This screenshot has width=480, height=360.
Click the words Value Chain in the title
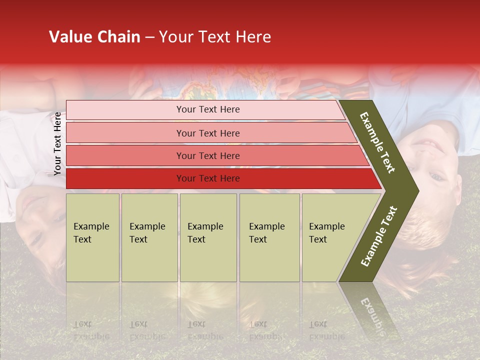(94, 37)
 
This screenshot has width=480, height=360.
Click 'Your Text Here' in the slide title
(215, 37)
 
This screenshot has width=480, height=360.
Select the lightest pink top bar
(207, 109)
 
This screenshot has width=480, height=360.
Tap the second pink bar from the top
(207, 133)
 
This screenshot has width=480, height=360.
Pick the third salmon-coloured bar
(207, 155)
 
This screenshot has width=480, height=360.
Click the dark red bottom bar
(207, 178)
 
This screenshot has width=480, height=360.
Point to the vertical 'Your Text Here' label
(57, 144)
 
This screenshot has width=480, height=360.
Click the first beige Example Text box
(92, 237)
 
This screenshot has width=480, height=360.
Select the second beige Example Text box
(149, 237)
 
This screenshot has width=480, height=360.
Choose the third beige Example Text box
(207, 237)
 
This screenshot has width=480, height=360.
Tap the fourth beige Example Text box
(269, 237)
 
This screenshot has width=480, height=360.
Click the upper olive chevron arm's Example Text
(377, 142)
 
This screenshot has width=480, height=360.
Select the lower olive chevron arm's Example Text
(379, 236)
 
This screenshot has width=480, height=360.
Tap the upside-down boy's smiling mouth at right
(429, 146)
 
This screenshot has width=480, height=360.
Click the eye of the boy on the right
(436, 176)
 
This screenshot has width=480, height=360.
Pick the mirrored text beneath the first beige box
(91, 330)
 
